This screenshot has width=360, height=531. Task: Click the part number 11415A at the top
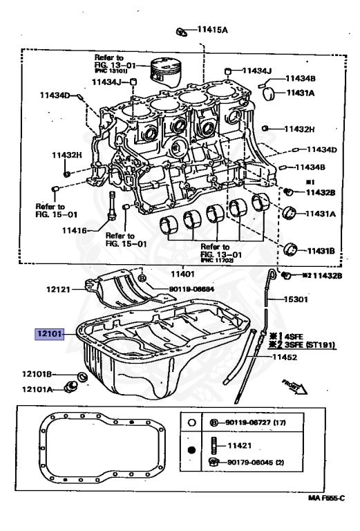tap(214, 30)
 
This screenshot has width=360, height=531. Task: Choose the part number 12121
tap(61, 289)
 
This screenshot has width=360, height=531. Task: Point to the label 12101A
tap(39, 389)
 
